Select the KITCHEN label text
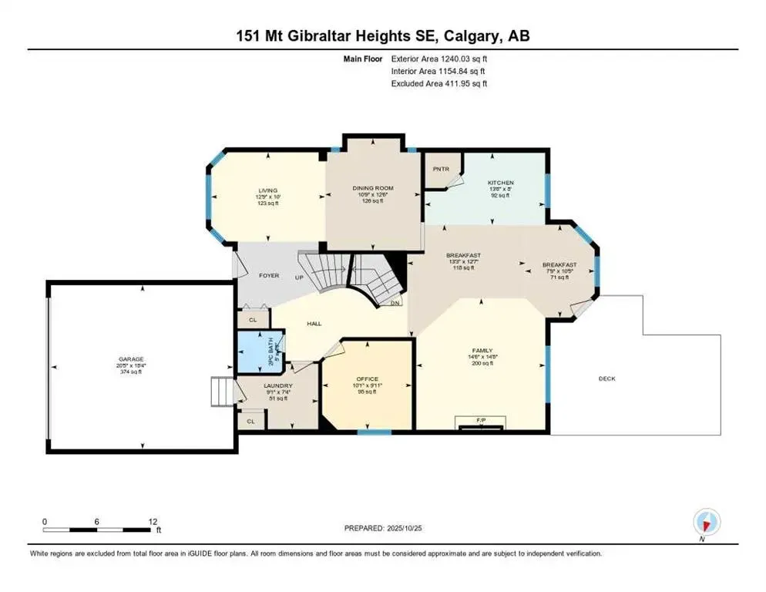pos(500,183)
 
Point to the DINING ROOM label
pos(373,188)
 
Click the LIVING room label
pos(267,190)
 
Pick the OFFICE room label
pos(368,379)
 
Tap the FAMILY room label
pos(482,350)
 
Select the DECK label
pos(610,378)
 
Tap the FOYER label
pos(269,275)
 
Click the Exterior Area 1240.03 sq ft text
pos(439,59)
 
